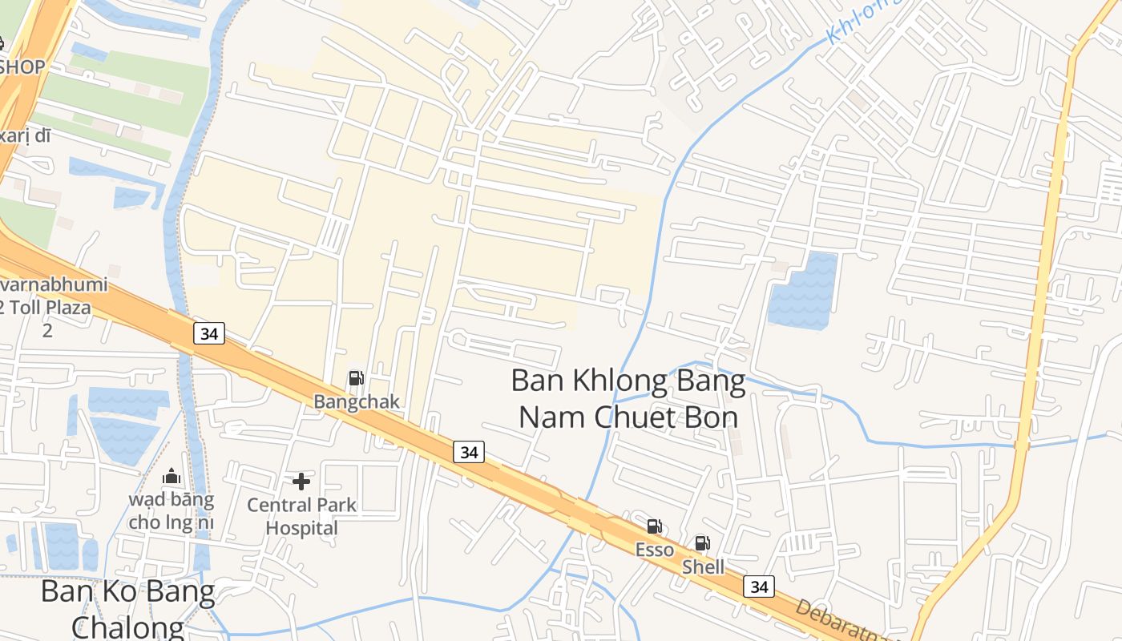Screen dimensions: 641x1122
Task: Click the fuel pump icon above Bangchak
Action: pos(356,378)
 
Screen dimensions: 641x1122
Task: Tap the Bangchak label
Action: pos(356,401)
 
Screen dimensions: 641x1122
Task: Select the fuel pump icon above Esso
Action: pos(654,526)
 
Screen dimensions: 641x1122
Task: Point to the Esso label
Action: pos(654,550)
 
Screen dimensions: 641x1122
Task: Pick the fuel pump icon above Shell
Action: pos(702,544)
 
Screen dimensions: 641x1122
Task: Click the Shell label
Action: pos(703,567)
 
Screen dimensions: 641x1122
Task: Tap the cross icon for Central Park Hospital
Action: pos(301,482)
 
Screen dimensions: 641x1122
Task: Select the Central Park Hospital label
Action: pos(301,517)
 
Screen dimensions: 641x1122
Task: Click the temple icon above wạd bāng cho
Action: pos(172,478)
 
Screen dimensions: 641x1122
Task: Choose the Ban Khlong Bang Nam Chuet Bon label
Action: pos(628,398)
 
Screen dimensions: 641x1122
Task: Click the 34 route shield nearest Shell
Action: pos(758,587)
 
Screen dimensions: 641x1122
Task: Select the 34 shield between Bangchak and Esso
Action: pos(469,452)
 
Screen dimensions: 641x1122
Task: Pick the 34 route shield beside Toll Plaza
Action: pos(209,333)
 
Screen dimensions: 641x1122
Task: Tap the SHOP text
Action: pos(22,67)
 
